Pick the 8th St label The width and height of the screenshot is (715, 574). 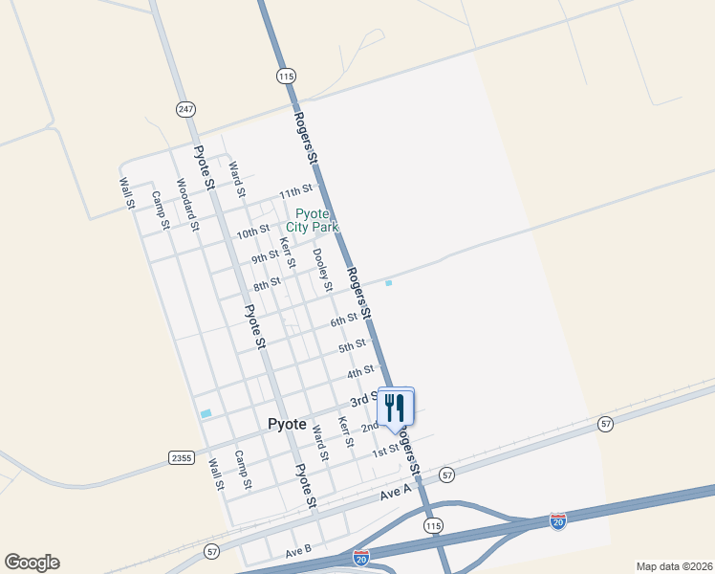pyautogui.click(x=267, y=285)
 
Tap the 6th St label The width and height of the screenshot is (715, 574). pyautogui.click(x=344, y=320)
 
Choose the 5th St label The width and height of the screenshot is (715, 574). pyautogui.click(x=352, y=344)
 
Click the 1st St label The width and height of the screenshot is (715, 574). pyautogui.click(x=385, y=451)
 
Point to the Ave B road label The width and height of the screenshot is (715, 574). pyautogui.click(x=298, y=552)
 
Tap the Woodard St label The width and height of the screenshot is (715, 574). pyautogui.click(x=186, y=204)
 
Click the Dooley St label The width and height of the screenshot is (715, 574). pyautogui.click(x=322, y=269)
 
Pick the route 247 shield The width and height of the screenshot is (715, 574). pyautogui.click(x=185, y=109)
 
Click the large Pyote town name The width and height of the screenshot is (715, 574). pyautogui.click(x=287, y=424)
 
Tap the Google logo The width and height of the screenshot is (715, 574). pyautogui.click(x=32, y=563)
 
